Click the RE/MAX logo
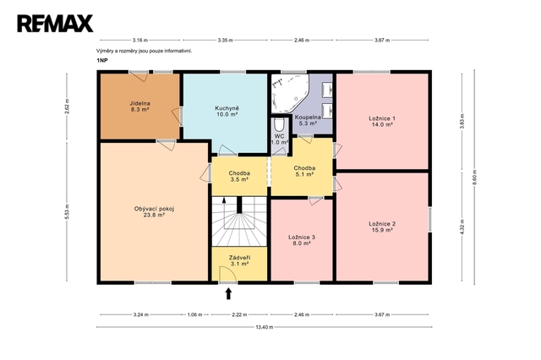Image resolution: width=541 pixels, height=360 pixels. coord(55,24)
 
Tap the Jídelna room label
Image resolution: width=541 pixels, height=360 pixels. coord(139,106)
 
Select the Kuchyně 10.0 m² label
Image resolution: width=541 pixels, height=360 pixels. coord(227,111)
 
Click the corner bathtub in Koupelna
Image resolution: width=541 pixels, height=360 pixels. coord(290,93)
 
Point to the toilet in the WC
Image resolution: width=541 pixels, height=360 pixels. coord(279,125)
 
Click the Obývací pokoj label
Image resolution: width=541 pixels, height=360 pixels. coord(154,212)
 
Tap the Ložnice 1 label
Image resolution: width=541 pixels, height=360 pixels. coord(382,122)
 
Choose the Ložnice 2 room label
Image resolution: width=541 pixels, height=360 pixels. coord(382,226)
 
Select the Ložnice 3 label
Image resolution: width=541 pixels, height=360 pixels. coord(302,240)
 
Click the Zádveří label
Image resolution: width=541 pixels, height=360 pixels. coord(239,260)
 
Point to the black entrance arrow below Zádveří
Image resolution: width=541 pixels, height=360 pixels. coord(228,294)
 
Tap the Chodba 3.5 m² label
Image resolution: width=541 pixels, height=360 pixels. coord(239,177)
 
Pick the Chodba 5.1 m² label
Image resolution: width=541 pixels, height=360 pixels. coord(304,171)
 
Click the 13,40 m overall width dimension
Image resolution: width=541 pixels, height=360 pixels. coord(265,327)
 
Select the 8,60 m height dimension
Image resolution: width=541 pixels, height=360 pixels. coord(474,177)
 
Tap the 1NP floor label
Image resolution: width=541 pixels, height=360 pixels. coord(102,60)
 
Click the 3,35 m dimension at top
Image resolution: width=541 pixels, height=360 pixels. coord(226,40)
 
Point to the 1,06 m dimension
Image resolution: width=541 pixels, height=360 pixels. coord(194,314)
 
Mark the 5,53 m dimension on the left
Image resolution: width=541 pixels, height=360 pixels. coord(67,212)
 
